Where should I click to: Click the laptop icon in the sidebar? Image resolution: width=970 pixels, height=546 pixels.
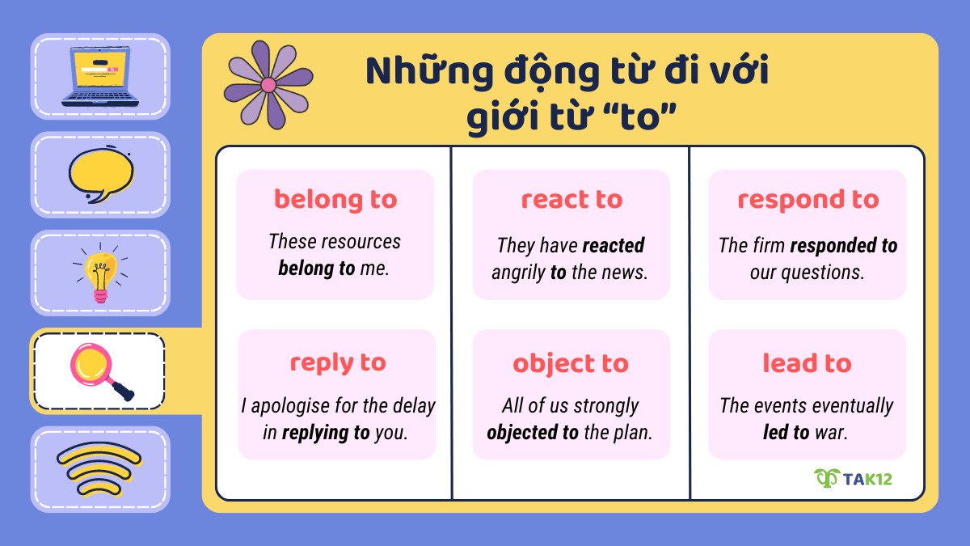coord(100,77)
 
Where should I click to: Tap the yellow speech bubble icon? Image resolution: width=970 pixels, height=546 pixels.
coord(100,176)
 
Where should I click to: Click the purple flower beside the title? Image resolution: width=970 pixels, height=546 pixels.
coord(268,84)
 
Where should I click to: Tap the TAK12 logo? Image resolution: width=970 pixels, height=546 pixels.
coord(853,478)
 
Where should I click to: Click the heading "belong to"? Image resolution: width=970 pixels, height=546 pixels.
coord(335,199)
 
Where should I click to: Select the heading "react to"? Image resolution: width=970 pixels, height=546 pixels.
coord(571,199)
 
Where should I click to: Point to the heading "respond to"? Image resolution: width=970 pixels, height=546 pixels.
coord(808,199)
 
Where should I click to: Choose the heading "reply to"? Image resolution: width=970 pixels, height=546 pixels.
coord(337,362)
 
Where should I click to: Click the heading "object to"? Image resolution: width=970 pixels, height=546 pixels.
coord(571,363)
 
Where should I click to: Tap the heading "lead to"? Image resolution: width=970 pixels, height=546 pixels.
coord(807,363)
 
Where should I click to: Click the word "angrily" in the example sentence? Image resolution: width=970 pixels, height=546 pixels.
coord(518,273)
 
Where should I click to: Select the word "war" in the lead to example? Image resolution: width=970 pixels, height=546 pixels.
coord(830,433)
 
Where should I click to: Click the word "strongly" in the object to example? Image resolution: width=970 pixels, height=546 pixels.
coord(606,405)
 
